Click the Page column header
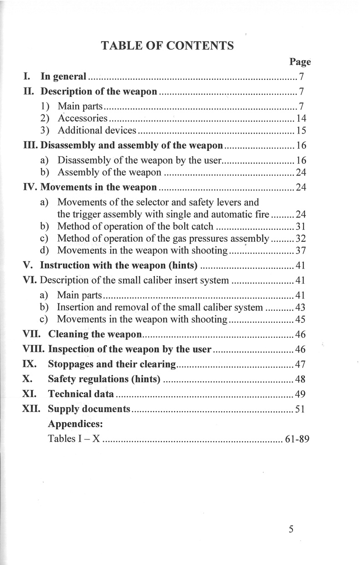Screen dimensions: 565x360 300,62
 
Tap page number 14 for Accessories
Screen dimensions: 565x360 300,119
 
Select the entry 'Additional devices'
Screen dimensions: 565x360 97,131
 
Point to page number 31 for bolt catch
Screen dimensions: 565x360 300,226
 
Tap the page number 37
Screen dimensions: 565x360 300,250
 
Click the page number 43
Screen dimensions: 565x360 300,307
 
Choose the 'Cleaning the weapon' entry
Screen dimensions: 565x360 95,334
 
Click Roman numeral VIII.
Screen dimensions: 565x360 34,350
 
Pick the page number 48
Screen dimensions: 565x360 300,379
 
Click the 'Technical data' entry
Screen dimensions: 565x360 81,394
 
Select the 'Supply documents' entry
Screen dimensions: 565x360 89,409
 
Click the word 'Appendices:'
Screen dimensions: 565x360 75,424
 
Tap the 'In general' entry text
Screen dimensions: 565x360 63,76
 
